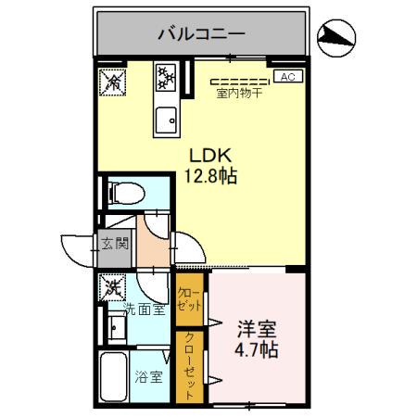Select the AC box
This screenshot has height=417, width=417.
pyautogui.click(x=286, y=78)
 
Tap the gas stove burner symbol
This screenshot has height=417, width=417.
pyautogui.click(x=167, y=76)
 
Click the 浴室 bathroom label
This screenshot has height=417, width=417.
pyautogui.click(x=148, y=378)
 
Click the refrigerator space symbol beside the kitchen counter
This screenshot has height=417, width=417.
pyautogui.click(x=113, y=82)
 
